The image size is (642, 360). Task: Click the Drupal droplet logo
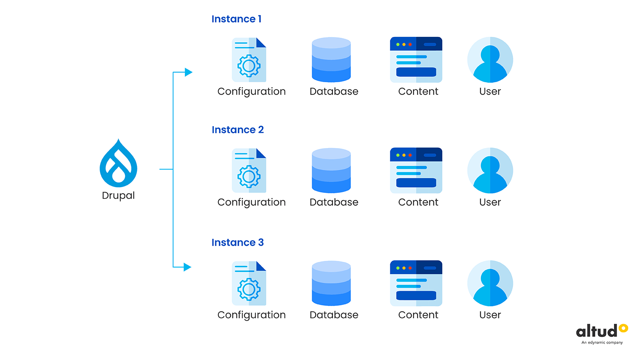point(118,163)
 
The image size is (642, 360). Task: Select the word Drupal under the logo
point(118,196)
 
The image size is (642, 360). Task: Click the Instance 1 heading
point(237,19)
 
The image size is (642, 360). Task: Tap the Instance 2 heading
point(237,130)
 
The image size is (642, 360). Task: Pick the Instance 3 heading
point(237,243)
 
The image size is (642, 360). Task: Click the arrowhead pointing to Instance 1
point(188,72)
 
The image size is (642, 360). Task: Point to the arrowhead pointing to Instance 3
point(187,267)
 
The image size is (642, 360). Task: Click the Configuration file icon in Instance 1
point(249,60)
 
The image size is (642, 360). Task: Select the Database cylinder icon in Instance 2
point(331,170)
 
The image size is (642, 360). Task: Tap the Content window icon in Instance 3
point(416,283)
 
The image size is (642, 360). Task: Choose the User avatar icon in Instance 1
point(490,60)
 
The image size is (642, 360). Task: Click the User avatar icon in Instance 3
point(490,283)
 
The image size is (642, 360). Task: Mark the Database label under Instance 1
point(334,92)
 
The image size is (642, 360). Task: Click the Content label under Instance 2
point(418,202)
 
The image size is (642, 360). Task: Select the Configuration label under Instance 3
point(251,315)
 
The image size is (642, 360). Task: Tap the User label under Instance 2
point(490,202)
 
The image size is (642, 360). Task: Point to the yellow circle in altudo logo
point(623,328)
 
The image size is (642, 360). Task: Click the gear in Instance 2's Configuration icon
point(249,177)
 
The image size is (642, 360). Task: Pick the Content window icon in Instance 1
point(416,60)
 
